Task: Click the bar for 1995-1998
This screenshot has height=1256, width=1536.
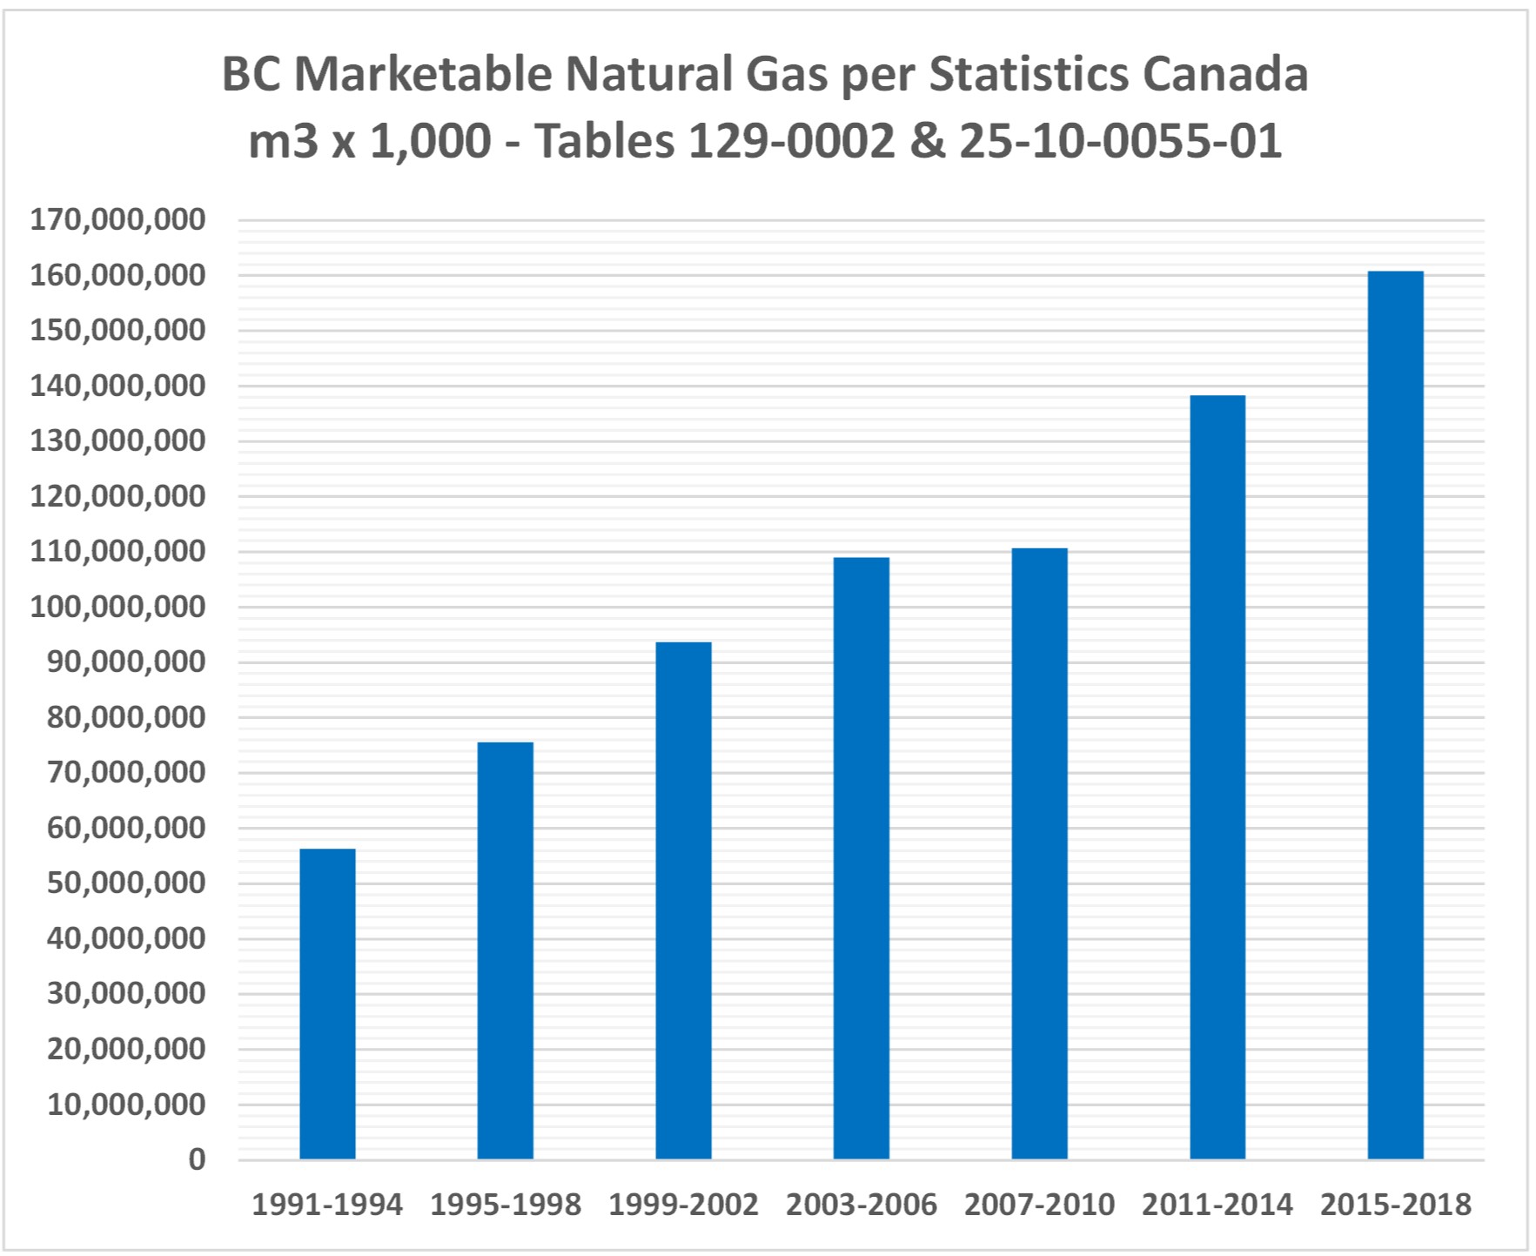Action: [506, 950]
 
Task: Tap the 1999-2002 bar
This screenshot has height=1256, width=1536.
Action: [683, 900]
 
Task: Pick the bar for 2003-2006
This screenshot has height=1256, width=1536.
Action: [862, 858]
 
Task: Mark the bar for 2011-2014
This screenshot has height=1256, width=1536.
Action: [1217, 777]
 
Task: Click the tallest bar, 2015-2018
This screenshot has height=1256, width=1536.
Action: [1396, 715]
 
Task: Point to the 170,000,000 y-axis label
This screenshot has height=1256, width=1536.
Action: [118, 219]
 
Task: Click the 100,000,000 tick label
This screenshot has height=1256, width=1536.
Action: [118, 607]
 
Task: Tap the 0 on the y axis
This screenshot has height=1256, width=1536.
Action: [198, 1159]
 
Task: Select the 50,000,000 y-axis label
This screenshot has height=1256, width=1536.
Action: [126, 883]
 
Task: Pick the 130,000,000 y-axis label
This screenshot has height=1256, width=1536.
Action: [118, 440]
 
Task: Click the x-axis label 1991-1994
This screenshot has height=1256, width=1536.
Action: [327, 1205]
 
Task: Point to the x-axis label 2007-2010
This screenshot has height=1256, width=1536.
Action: [1039, 1205]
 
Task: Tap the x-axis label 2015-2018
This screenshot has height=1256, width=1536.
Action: [1396, 1205]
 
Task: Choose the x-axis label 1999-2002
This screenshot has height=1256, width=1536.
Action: [683, 1205]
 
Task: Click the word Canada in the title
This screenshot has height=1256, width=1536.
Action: [1225, 74]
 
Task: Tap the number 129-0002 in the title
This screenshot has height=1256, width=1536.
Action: [791, 141]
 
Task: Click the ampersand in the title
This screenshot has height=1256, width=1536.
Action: [927, 141]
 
